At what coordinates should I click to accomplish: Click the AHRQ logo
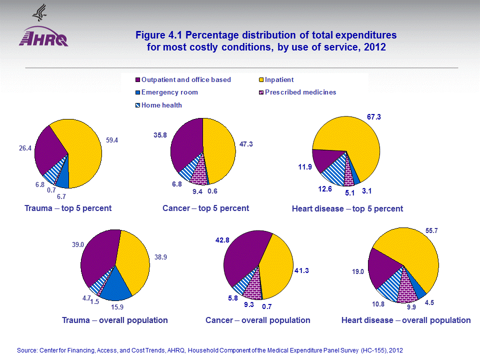(43, 36)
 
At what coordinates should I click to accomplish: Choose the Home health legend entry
(161, 105)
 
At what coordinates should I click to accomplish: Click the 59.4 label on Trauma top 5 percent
(112, 140)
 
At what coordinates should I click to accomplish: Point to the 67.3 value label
(374, 116)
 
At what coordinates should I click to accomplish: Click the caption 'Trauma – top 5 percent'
(68, 208)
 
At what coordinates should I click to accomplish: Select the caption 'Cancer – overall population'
(258, 320)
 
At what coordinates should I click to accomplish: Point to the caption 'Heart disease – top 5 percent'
(347, 208)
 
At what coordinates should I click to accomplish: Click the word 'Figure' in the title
(149, 36)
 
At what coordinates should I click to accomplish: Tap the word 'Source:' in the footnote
(28, 350)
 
